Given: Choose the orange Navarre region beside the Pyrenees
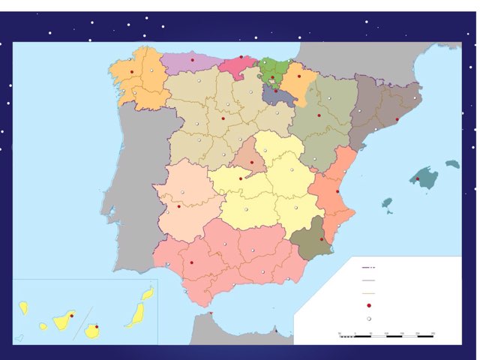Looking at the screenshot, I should pyautogui.click(x=295, y=81).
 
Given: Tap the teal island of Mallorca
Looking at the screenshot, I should pyautogui.click(x=424, y=178).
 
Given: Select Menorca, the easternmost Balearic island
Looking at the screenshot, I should pyautogui.click(x=451, y=163).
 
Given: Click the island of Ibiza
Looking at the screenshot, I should pyautogui.click(x=387, y=203).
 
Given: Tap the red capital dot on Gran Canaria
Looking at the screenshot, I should pyautogui.click(x=95, y=326).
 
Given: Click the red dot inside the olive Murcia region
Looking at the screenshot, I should pyautogui.click(x=322, y=240).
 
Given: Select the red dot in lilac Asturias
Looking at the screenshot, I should pyautogui.click(x=192, y=59).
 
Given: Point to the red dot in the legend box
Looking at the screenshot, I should pyautogui.click(x=369, y=305).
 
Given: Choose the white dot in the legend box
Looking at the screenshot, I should pyautogui.click(x=369, y=318).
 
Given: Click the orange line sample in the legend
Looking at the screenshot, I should pyautogui.click(x=367, y=293).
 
